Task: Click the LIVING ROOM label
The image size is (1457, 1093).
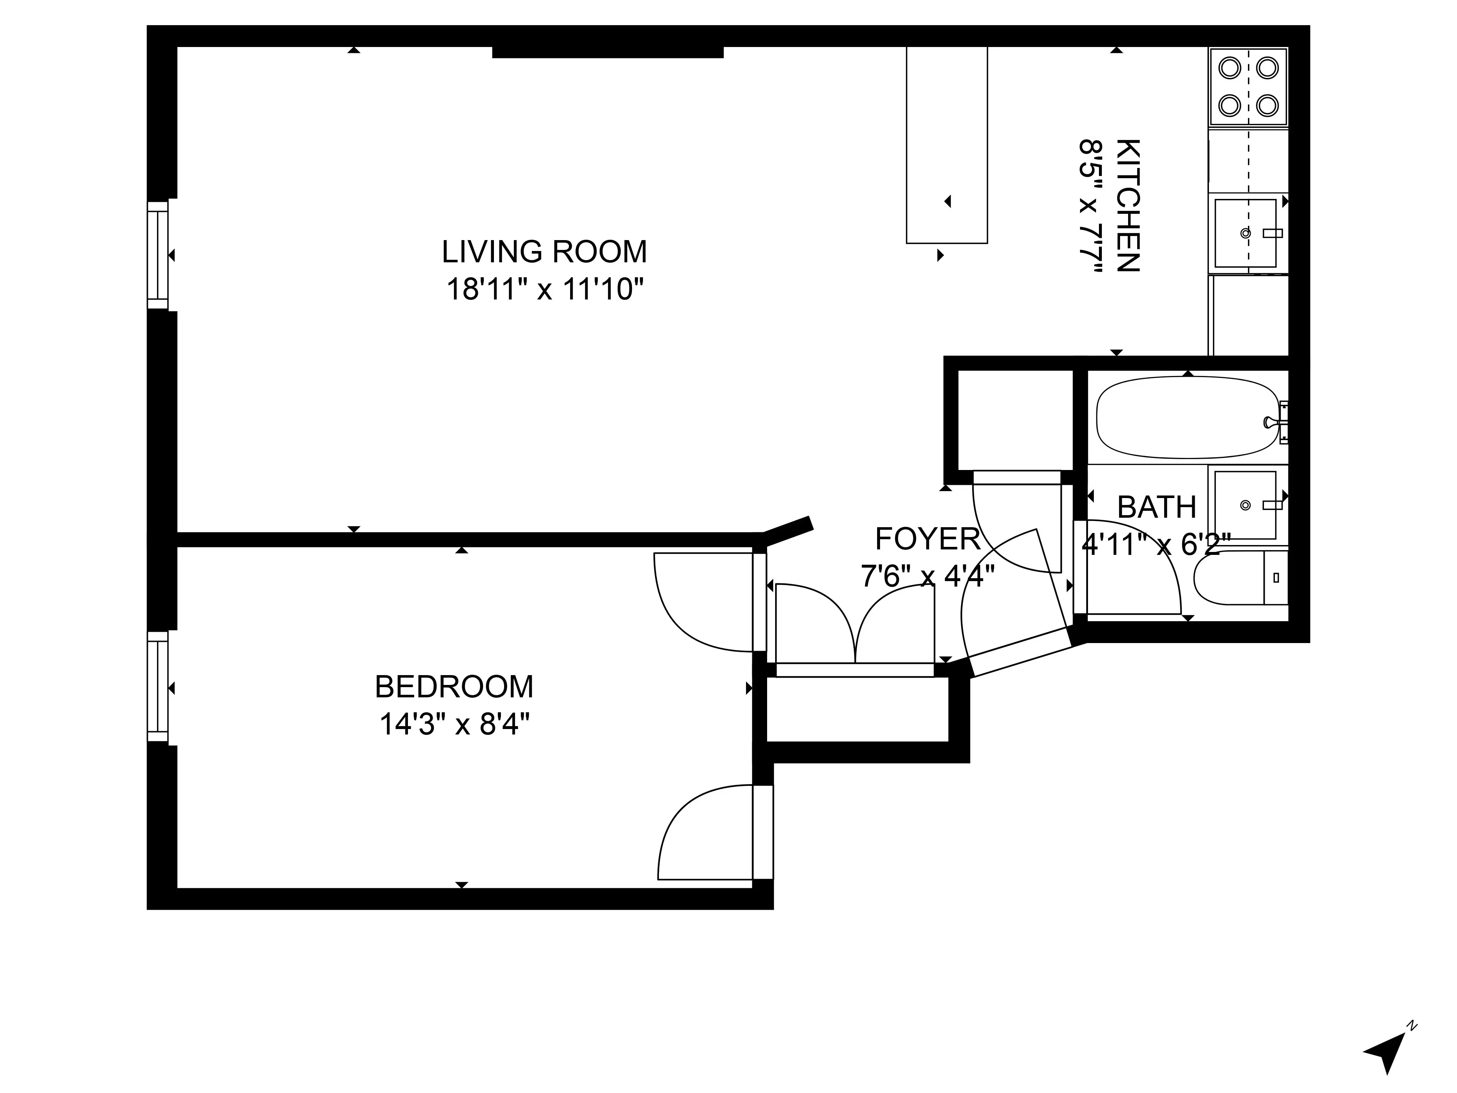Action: pyautogui.click(x=544, y=252)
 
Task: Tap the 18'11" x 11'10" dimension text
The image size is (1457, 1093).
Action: pyautogui.click(x=544, y=289)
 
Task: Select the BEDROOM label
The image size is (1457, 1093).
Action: pyautogui.click(x=454, y=687)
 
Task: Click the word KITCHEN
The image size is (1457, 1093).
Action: pyautogui.click(x=1128, y=205)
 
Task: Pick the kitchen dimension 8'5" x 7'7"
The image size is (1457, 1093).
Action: pyautogui.click(x=1090, y=205)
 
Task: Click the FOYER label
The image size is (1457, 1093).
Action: pyautogui.click(x=927, y=539)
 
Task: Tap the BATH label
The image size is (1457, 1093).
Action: pyautogui.click(x=1156, y=507)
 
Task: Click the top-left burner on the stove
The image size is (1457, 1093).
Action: pyautogui.click(x=1229, y=68)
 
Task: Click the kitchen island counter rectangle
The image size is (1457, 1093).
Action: pyautogui.click(x=947, y=145)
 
